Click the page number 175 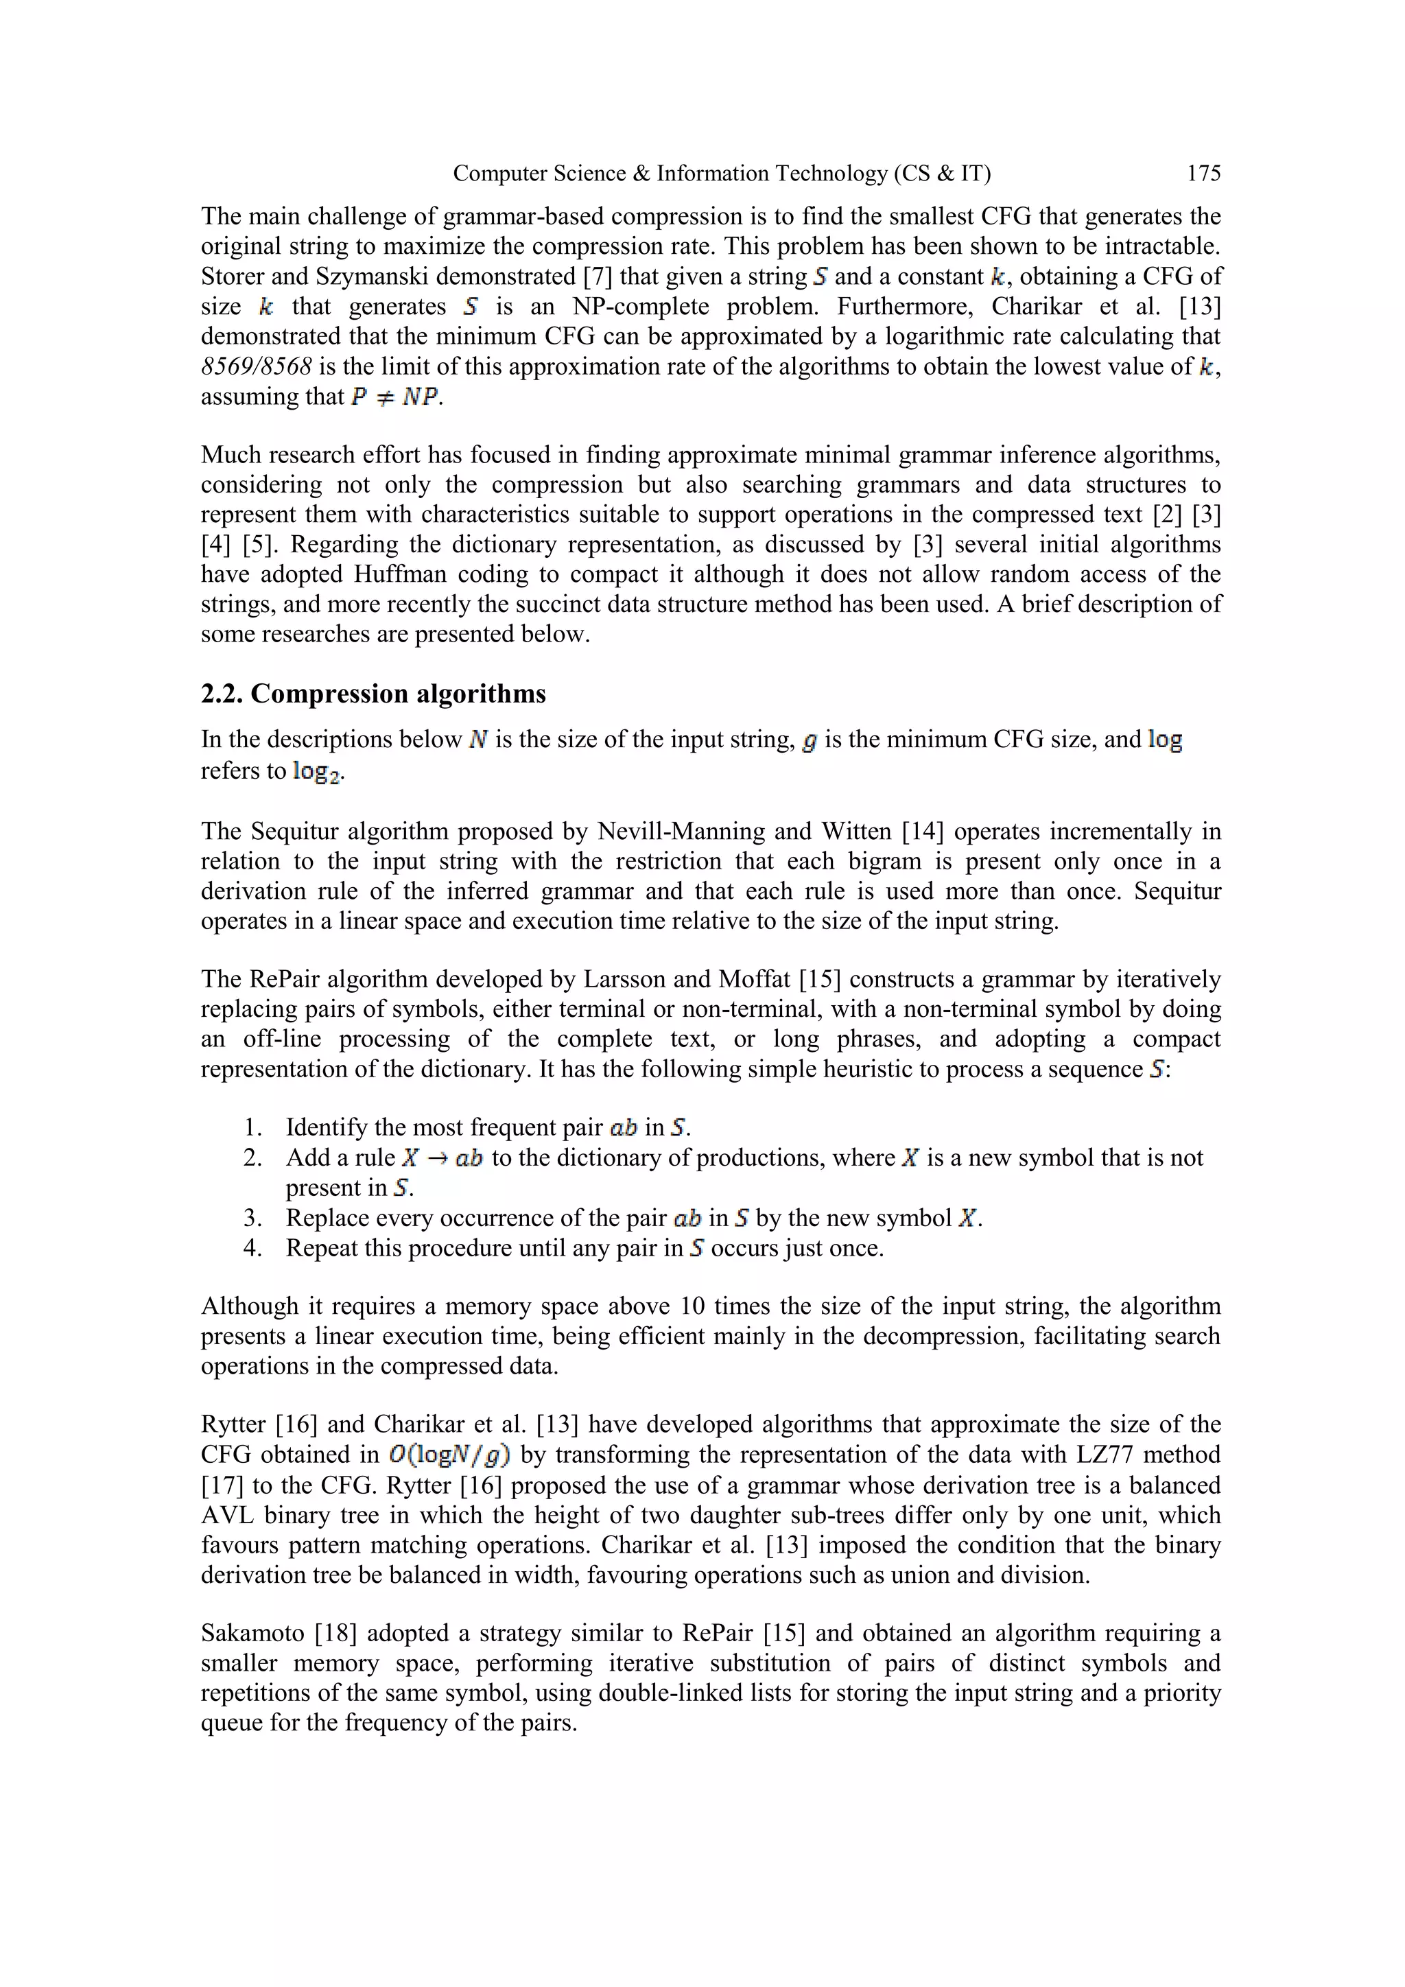coord(1203,174)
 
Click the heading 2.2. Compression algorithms coord(373,694)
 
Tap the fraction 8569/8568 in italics coord(256,367)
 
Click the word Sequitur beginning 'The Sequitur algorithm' coord(294,832)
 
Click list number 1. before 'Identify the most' coord(252,1128)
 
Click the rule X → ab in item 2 coord(442,1158)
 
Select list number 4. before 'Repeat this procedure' coord(252,1249)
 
